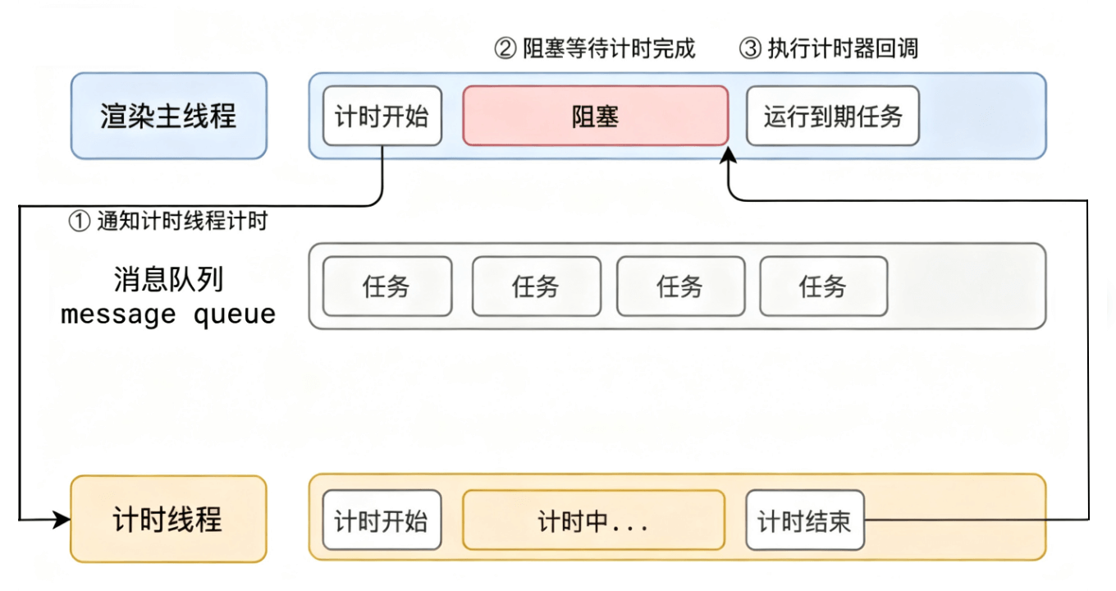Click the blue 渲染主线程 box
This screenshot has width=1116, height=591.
tap(168, 116)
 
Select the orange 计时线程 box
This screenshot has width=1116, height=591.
tap(168, 520)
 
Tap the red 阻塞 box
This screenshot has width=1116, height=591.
tap(595, 116)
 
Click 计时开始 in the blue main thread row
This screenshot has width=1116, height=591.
tap(382, 116)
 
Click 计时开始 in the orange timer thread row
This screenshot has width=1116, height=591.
tap(382, 520)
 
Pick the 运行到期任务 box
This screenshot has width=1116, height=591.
tap(832, 116)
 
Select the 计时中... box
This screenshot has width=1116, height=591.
tap(593, 520)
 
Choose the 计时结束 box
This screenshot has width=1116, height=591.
tap(804, 520)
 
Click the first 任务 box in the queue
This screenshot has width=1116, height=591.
tap(386, 286)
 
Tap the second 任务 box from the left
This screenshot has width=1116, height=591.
tap(536, 286)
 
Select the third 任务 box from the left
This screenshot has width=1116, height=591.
tap(680, 286)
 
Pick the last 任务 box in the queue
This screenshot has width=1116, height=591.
tap(823, 286)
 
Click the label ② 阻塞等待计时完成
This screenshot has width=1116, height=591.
tap(595, 48)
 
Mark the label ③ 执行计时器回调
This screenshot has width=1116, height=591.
tap(829, 48)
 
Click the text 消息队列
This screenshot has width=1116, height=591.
tap(168, 280)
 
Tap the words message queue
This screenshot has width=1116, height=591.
tap(168, 314)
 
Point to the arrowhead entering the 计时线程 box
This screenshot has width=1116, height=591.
tap(63, 520)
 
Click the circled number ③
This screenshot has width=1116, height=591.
tap(751, 48)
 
